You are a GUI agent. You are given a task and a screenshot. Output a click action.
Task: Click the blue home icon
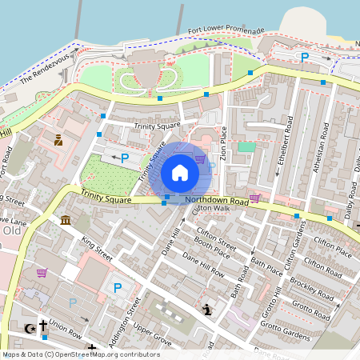click(180, 172)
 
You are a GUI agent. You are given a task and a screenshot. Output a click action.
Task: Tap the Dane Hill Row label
click(203, 263)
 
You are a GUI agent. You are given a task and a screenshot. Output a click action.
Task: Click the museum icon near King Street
click(65, 220)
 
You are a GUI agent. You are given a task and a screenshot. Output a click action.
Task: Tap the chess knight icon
click(208, 310)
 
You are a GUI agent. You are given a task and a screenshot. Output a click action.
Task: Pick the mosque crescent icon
click(30, 328)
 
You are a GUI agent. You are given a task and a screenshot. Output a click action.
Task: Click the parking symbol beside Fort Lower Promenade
click(304, 57)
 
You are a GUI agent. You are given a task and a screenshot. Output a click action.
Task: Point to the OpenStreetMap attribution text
click(80, 354)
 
